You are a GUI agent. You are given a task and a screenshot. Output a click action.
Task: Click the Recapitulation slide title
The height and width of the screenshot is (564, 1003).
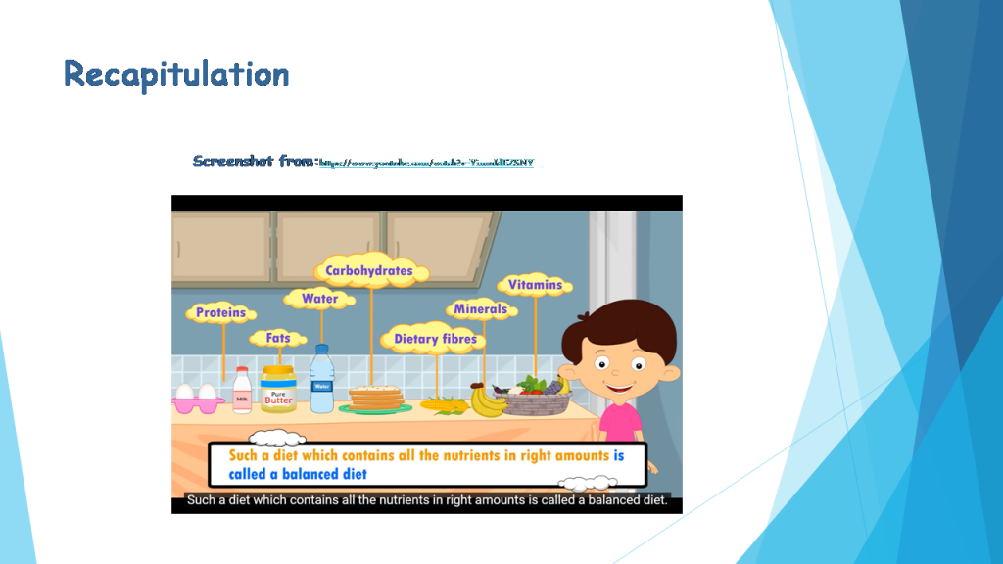click(176, 74)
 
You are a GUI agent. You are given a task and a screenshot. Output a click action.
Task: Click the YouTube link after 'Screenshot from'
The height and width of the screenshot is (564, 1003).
click(427, 162)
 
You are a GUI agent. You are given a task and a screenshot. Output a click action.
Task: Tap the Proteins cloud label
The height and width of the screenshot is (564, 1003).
click(220, 313)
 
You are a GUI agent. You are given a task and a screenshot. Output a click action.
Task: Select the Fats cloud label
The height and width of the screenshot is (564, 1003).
click(278, 339)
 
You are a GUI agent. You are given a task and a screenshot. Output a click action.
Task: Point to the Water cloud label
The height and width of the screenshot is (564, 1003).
click(320, 299)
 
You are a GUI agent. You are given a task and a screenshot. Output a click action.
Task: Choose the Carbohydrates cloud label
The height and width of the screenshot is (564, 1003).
click(369, 270)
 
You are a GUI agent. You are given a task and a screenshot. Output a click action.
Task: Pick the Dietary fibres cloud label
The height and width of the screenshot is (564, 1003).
click(435, 340)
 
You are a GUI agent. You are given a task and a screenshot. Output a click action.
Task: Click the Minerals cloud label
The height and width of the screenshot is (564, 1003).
click(480, 309)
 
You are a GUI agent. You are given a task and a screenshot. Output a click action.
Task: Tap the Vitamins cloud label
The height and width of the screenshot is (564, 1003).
click(535, 285)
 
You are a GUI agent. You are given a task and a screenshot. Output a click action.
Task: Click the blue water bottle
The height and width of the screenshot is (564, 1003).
click(321, 380)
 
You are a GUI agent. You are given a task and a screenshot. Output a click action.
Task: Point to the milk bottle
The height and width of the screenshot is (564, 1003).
click(242, 391)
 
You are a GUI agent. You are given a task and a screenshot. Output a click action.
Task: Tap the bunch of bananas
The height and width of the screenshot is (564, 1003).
click(488, 399)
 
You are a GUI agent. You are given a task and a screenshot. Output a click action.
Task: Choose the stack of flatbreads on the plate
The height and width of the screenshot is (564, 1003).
click(376, 398)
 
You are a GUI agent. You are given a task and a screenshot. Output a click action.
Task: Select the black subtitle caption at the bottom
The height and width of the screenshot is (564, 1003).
click(427, 501)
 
